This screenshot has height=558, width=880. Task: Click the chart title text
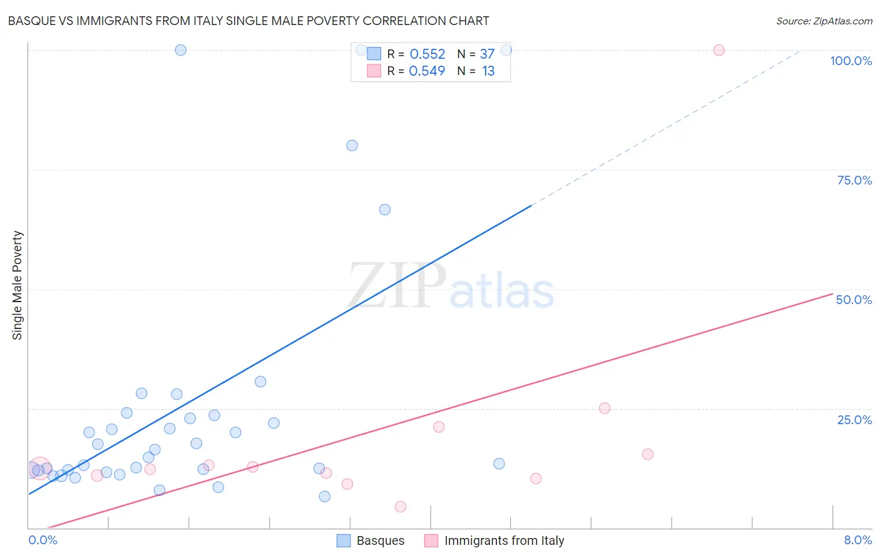pos(248,21)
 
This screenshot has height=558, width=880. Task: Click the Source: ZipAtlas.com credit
pos(824,21)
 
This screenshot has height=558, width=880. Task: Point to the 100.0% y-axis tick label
pos(851,61)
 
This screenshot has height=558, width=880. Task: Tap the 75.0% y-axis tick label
pos(854,180)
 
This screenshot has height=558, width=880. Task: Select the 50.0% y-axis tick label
pos(854,300)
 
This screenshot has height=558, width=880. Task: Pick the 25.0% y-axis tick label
pos(854,420)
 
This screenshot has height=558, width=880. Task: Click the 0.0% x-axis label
pos(43,540)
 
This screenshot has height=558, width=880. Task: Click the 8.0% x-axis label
pos(857,540)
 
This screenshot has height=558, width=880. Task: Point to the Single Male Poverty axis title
pos(18,285)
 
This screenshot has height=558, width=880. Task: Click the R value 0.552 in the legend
pos(427,54)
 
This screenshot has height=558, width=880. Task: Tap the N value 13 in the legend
pos(488,71)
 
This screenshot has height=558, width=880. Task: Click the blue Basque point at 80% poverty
pos(352,145)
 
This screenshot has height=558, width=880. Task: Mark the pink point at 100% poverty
pos(719,50)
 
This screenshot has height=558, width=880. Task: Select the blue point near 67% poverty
pos(385,210)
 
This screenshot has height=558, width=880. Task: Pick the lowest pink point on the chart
pos(401,507)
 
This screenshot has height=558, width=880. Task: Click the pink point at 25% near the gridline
pos(605,408)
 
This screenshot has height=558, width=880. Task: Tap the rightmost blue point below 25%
pos(499,464)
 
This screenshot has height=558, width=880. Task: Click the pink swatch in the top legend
pos(374,71)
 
